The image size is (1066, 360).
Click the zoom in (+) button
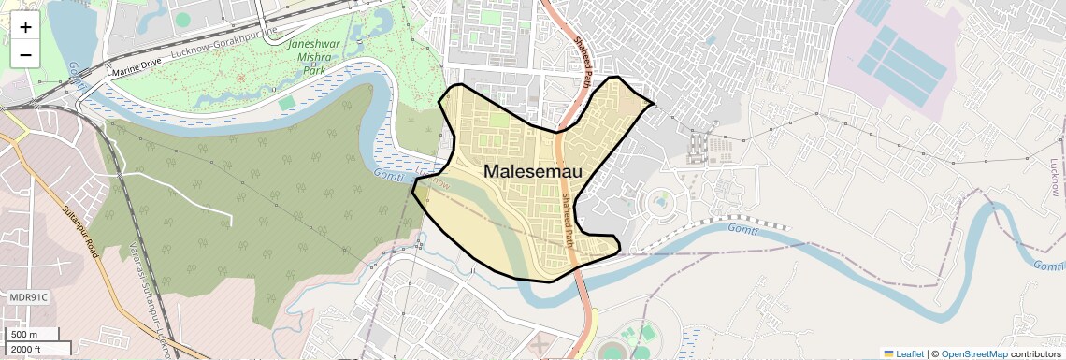point(25,28)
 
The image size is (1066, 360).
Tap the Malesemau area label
point(533,171)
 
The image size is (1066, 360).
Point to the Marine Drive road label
point(137,69)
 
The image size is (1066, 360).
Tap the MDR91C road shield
point(28,297)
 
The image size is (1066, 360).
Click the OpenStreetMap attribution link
point(973,353)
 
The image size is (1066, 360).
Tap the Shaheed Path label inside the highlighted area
point(569,220)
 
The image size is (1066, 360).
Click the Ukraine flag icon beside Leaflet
point(889,353)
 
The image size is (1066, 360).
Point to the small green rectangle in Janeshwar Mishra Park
point(287,103)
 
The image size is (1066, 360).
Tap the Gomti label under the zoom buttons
point(74,77)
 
